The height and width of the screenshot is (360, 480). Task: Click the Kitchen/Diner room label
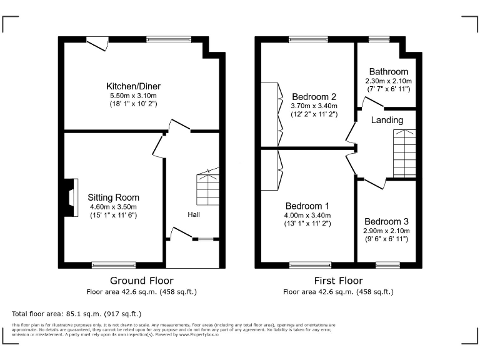click(x=131, y=86)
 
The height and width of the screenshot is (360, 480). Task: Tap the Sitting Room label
click(x=113, y=197)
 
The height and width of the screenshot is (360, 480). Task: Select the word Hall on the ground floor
click(x=194, y=214)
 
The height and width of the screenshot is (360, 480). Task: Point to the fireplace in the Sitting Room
click(x=71, y=192)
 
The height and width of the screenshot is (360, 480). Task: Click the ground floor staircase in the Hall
click(x=207, y=188)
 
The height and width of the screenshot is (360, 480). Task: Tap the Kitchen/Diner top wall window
click(x=169, y=39)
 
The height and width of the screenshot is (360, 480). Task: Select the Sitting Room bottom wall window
click(x=113, y=265)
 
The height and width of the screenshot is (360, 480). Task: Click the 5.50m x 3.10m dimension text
click(x=131, y=96)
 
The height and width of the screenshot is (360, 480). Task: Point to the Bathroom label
click(x=388, y=72)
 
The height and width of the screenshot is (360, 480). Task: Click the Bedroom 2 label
click(x=314, y=97)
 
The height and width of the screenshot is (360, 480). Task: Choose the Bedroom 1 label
click(x=307, y=206)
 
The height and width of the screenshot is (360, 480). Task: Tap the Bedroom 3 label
click(x=387, y=221)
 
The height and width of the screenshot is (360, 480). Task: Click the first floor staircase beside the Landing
click(x=404, y=153)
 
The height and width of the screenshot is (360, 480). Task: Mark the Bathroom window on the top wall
click(x=379, y=39)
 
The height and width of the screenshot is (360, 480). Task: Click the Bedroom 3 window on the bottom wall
click(x=387, y=265)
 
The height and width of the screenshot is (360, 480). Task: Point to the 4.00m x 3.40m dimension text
click(x=307, y=215)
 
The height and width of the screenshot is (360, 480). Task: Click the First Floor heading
click(x=338, y=281)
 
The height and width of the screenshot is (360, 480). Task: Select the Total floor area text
click(x=77, y=313)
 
